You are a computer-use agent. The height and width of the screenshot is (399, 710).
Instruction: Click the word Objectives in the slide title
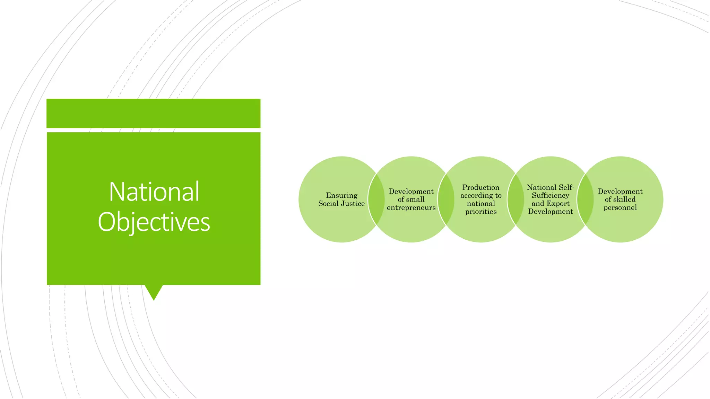[154, 222]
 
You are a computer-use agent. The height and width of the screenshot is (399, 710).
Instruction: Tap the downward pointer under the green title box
[154, 292]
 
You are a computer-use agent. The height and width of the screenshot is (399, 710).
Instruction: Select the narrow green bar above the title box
[154, 113]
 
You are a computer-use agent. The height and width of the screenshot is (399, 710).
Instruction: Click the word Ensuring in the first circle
[341, 195]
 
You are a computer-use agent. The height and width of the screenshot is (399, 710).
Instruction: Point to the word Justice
[354, 204]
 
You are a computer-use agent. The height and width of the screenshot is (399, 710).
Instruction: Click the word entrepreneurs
[411, 208]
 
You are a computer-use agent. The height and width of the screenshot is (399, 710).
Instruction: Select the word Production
[481, 187]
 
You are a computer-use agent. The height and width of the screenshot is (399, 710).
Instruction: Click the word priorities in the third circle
[481, 212]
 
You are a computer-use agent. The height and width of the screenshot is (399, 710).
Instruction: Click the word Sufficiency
[551, 196]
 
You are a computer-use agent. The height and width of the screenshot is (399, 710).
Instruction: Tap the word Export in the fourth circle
[559, 204]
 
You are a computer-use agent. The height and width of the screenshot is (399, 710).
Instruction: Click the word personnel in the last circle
[620, 208]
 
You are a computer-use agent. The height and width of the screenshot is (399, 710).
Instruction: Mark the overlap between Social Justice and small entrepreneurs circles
[376, 199]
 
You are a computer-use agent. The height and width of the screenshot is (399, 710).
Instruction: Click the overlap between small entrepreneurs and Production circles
[446, 199]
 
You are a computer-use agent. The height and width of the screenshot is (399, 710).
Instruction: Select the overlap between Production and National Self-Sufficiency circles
[516, 199]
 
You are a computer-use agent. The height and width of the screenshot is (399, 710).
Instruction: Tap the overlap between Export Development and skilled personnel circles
[586, 199]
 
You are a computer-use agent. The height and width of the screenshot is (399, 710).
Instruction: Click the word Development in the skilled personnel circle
[620, 192]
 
